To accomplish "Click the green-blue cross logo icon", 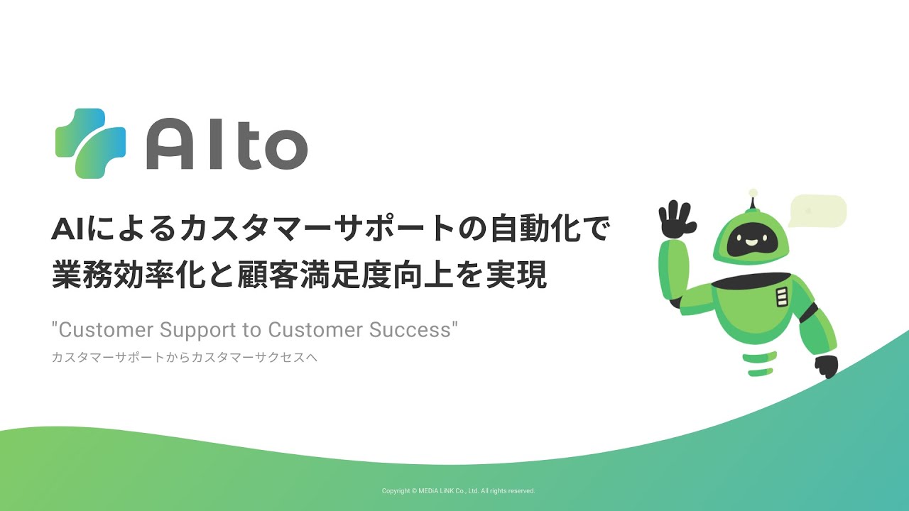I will (90, 143).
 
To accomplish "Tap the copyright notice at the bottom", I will (458, 491).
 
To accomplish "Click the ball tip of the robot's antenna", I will (753, 192).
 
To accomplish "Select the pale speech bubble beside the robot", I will (817, 211).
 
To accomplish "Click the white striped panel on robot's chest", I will (782, 297).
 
